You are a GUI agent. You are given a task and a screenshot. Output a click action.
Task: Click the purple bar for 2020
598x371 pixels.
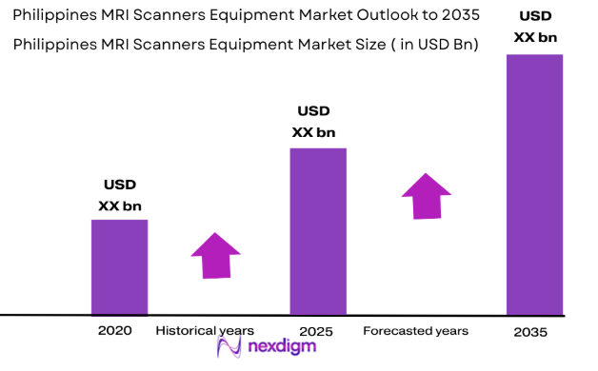click(119, 266)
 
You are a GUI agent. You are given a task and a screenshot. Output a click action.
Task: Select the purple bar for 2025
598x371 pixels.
click(317, 230)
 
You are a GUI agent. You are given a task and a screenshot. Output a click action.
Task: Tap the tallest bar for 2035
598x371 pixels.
click(534, 184)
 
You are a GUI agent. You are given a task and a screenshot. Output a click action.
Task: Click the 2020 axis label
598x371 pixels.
click(114, 331)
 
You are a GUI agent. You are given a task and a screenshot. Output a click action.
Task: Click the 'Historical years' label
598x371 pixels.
click(206, 331)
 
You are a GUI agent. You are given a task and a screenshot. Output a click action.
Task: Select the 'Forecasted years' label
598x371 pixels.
click(415, 331)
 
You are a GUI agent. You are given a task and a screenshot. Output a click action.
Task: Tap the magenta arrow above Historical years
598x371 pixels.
click(216, 255)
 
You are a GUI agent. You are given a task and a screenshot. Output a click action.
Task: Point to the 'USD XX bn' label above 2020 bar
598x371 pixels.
click(120, 195)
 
